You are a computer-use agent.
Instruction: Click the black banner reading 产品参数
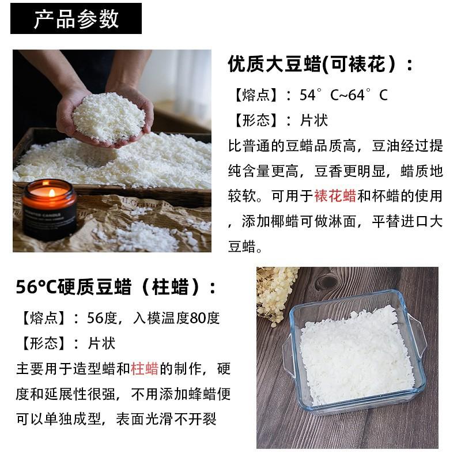[x=75, y=18]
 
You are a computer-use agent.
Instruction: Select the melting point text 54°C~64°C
[x=343, y=95]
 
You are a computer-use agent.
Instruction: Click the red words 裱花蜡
[x=335, y=196]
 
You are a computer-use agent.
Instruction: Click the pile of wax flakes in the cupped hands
[x=109, y=115]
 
